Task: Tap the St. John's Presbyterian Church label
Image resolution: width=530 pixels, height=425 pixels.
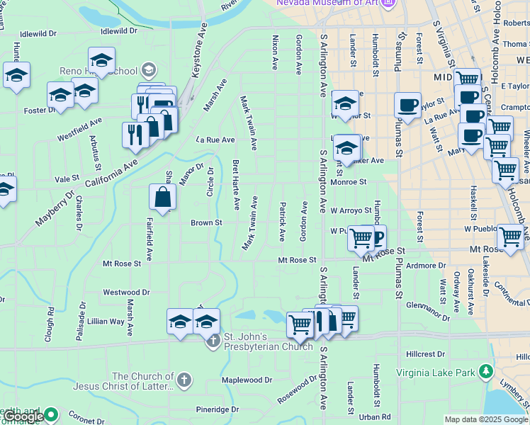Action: pos(269,341)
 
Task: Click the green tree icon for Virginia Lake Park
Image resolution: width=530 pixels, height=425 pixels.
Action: pos(485,370)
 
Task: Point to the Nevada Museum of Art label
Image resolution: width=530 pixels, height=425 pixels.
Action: pos(326,3)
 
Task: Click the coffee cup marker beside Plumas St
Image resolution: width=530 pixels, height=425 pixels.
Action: pos(407,106)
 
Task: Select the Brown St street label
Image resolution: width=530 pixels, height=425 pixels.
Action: pos(206,222)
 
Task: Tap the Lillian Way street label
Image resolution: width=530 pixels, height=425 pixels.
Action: pos(106,321)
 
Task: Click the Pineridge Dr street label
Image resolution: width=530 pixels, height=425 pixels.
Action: pos(218,409)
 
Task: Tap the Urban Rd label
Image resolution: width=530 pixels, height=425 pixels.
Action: pos(375,417)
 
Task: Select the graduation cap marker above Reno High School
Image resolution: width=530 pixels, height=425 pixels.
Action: pos(102,61)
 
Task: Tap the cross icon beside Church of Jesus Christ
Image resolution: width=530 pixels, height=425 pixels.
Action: pos(184,380)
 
